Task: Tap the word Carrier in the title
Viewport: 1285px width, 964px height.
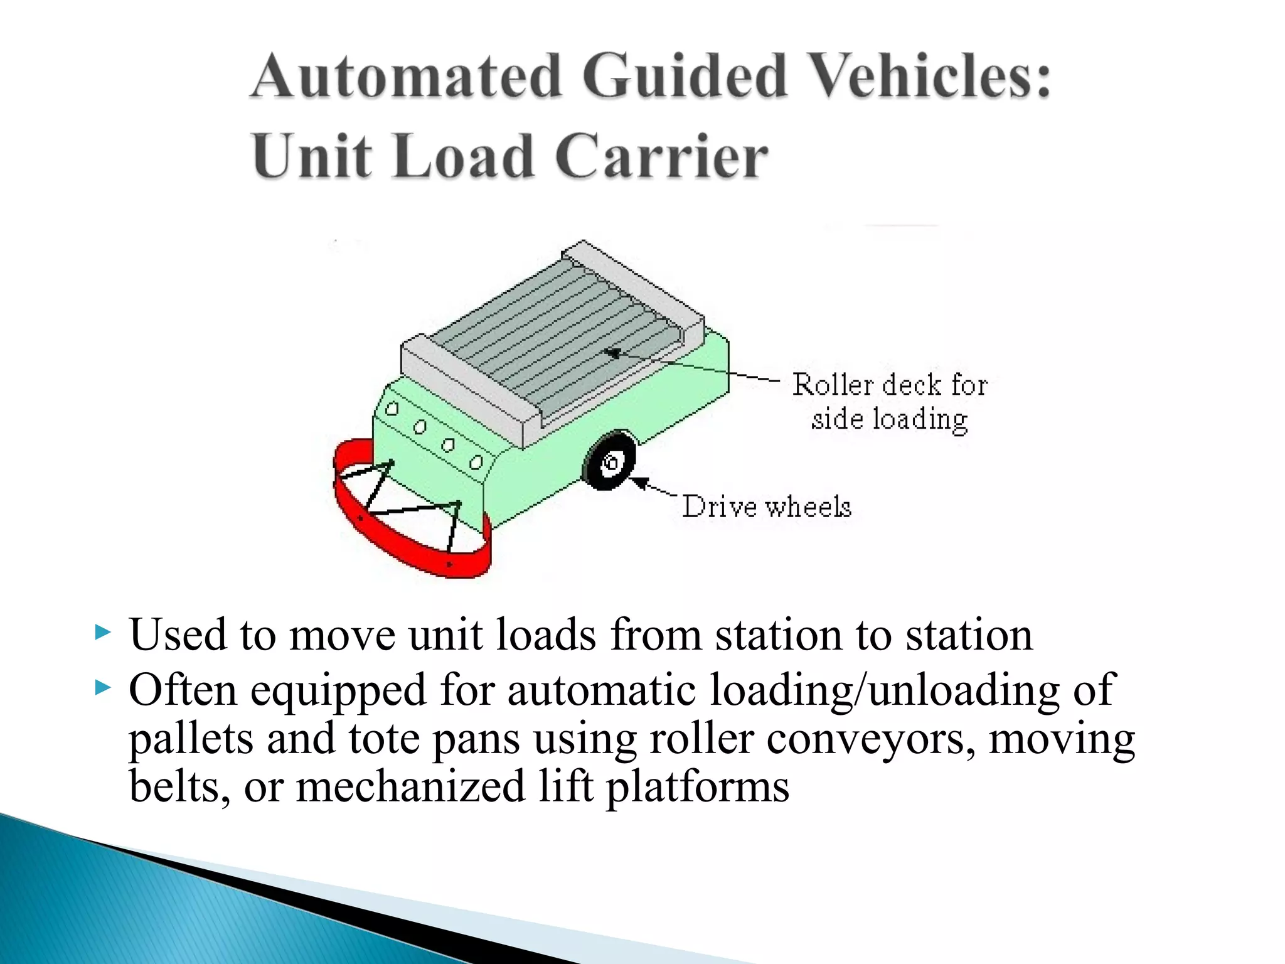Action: tap(661, 157)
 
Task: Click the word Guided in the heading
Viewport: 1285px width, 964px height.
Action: tap(684, 77)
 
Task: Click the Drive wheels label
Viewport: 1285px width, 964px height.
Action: tap(767, 506)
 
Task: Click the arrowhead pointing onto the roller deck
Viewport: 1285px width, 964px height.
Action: tap(612, 353)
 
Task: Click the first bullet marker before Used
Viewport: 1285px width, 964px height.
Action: tap(102, 633)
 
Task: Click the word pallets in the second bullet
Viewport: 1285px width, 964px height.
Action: tap(191, 739)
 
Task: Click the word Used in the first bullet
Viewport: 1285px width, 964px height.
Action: tap(177, 635)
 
